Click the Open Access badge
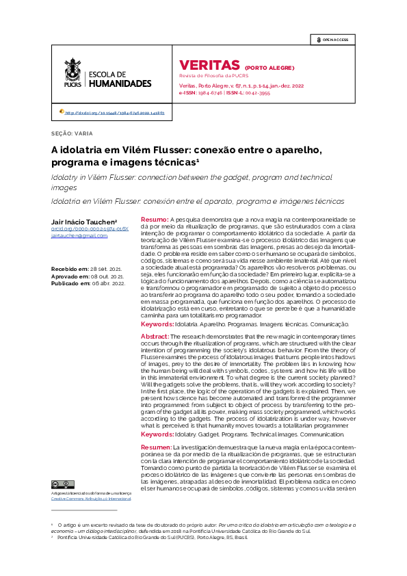tap(332, 40)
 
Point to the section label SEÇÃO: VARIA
tap(73, 133)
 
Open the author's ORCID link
tap(85, 229)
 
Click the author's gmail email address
tap(79, 236)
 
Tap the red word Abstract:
tap(155, 337)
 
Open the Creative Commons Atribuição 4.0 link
tap(92, 499)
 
